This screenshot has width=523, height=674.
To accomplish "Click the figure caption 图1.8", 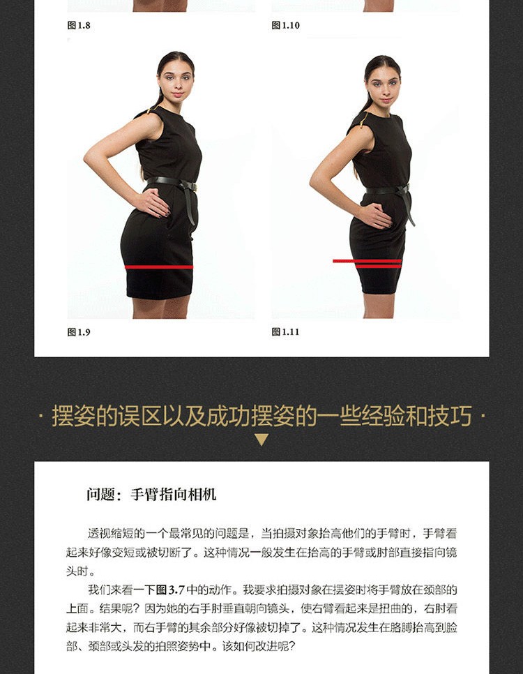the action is pos(79,25).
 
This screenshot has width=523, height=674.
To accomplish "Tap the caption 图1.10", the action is pos(285,25).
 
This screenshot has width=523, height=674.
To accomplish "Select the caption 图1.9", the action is pos(79,332).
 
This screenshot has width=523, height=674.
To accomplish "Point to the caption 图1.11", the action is pos(285,332).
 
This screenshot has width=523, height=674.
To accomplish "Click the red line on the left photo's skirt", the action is pos(158,267).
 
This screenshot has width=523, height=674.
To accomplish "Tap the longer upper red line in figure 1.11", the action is pos(367,261).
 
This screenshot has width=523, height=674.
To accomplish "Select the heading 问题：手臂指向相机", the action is pos(151,494).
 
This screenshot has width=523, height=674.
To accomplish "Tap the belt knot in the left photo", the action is pos(188,186).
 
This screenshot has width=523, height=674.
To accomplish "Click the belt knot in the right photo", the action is pos(403,190).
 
